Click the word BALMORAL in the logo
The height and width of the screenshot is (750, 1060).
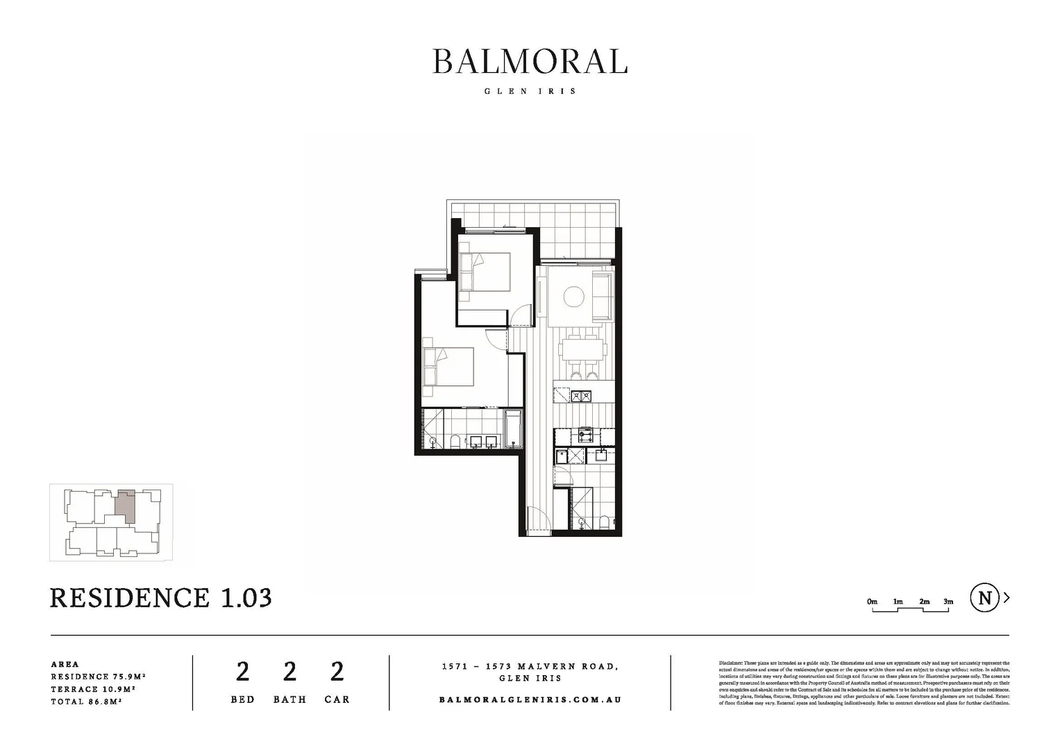pos(530,62)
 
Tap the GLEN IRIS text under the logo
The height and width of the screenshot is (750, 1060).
pos(530,91)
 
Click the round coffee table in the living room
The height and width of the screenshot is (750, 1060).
pos(573,297)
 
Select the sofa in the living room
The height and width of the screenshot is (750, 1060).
pos(601,297)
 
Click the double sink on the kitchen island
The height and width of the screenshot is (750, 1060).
pos(580,397)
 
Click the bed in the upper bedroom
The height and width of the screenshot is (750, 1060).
pos(485,272)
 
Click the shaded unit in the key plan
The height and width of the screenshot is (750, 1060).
pos(125,508)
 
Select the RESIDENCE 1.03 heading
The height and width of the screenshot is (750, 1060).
pos(160,598)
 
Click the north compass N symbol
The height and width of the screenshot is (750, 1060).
pos(984,598)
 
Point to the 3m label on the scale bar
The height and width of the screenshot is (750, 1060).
pos(948,601)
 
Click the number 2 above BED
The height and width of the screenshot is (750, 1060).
pos(242,672)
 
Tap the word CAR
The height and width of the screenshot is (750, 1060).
pos(337,699)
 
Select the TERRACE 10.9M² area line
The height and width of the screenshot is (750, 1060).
pos(92,689)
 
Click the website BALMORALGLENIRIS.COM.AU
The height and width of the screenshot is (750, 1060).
pos(530,699)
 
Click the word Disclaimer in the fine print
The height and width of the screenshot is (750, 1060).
pos(731,664)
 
